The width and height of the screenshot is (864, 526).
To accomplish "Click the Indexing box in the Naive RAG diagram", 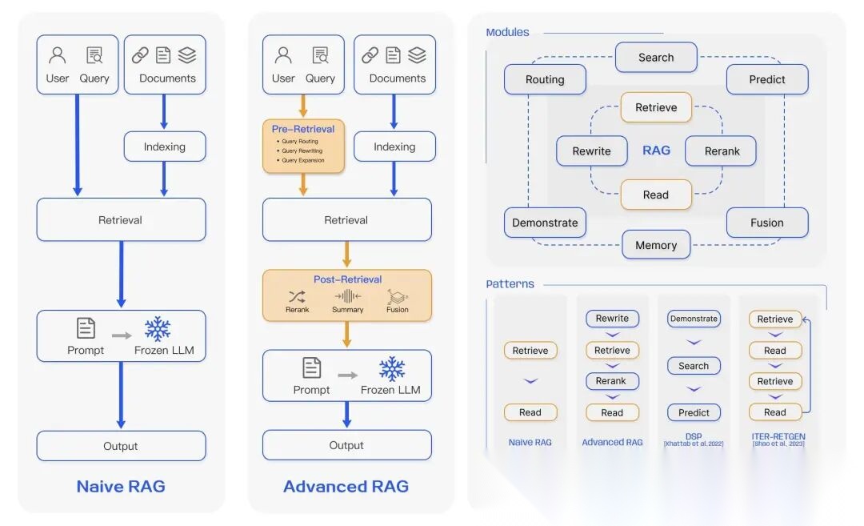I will [164, 147].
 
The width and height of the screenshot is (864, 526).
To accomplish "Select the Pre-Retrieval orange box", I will [303, 147].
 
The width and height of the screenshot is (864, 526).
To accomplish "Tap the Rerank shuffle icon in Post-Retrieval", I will [297, 296].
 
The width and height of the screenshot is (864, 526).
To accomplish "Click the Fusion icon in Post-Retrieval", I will [398, 297].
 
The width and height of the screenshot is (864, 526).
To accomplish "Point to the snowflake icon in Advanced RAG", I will [391, 369].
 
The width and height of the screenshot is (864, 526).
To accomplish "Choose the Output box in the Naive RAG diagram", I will [121, 446].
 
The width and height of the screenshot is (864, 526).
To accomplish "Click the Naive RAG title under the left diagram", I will [121, 486].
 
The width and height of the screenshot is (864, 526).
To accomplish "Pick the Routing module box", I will [545, 79].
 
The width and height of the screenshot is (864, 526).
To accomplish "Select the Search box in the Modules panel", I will [656, 58].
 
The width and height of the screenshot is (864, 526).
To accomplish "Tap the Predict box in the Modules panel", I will [767, 79].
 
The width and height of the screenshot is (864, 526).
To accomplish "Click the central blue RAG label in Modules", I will [656, 150].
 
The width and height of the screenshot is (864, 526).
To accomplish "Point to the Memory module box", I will [656, 245].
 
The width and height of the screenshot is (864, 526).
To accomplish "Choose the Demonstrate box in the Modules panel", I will [545, 223].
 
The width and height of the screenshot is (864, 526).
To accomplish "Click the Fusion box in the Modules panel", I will [767, 223].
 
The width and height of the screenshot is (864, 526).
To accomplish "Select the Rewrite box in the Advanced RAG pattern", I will [612, 319].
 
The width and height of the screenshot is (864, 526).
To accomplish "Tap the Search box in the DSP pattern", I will [694, 366].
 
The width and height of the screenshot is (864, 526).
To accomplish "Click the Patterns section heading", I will [510, 284].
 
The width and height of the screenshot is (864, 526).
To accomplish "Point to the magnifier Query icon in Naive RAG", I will [94, 56].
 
